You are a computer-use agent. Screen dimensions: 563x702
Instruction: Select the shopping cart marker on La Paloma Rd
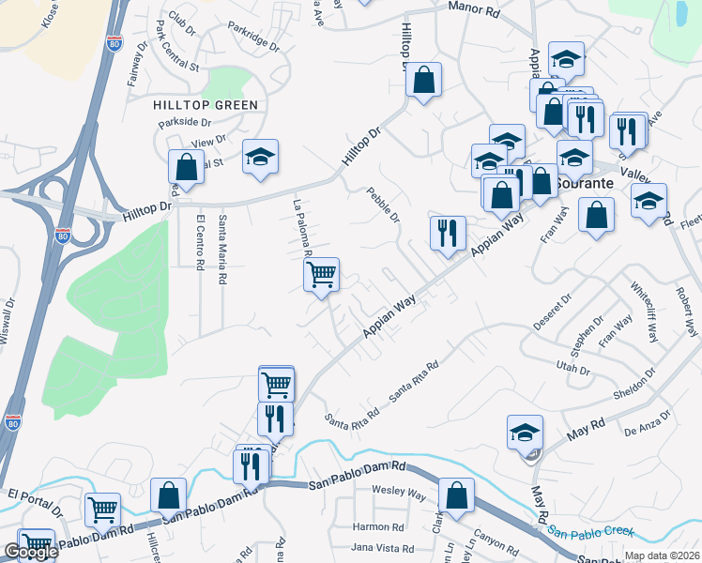pos(321,275)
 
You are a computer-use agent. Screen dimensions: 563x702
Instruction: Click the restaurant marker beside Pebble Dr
pos(448,232)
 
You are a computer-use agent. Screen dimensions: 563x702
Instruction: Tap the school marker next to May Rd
pos(525,432)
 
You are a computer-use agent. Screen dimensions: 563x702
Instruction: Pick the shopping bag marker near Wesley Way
pos(455,495)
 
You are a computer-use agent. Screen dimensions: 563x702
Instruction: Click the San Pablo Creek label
pos(592,531)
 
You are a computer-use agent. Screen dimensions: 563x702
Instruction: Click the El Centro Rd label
pos(200,243)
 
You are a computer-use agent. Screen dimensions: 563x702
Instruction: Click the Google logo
pos(30,553)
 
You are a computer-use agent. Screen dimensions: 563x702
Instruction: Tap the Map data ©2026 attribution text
pos(661,555)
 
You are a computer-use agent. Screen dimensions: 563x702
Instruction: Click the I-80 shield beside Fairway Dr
pos(113,43)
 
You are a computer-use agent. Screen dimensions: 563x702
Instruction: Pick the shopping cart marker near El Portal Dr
pos(102,510)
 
